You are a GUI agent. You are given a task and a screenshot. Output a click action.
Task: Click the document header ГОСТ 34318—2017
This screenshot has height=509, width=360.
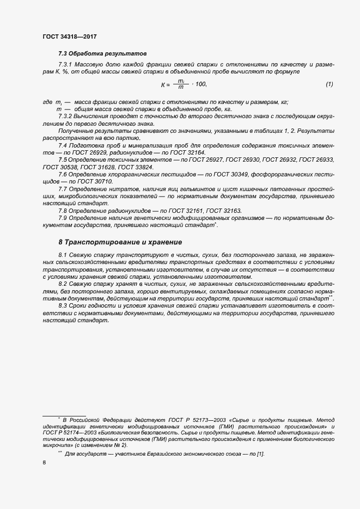(70, 37)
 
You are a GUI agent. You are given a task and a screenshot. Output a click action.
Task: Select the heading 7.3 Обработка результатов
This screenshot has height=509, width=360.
(102, 54)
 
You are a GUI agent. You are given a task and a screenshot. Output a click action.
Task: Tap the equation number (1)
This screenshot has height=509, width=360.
(329, 84)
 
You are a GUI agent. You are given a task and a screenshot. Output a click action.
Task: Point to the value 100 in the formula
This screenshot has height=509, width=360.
(200, 84)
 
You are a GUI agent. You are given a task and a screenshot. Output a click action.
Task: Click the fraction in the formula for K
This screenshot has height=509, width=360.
(180, 84)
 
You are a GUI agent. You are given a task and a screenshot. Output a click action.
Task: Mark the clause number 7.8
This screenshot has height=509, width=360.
(63, 210)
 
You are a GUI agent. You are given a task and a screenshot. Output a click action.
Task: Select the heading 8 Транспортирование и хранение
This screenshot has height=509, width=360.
(120, 242)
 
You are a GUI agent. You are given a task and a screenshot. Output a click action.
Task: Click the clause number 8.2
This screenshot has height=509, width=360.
(63, 284)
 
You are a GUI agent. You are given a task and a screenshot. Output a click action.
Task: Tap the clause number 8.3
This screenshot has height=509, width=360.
(63, 306)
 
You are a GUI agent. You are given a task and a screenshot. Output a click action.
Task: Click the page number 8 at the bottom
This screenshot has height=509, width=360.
(44, 463)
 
